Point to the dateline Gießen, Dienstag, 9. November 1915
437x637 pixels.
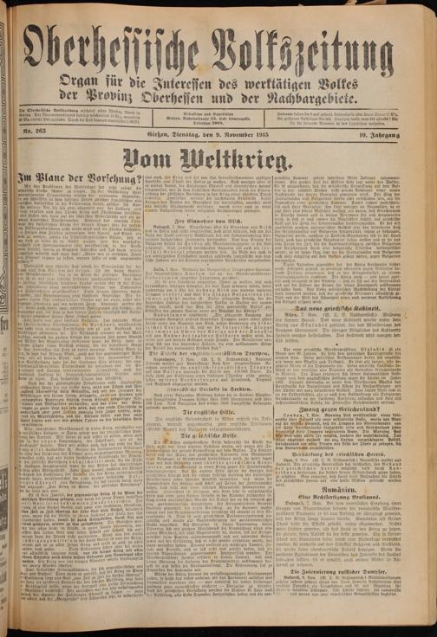click(x=217, y=130)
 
